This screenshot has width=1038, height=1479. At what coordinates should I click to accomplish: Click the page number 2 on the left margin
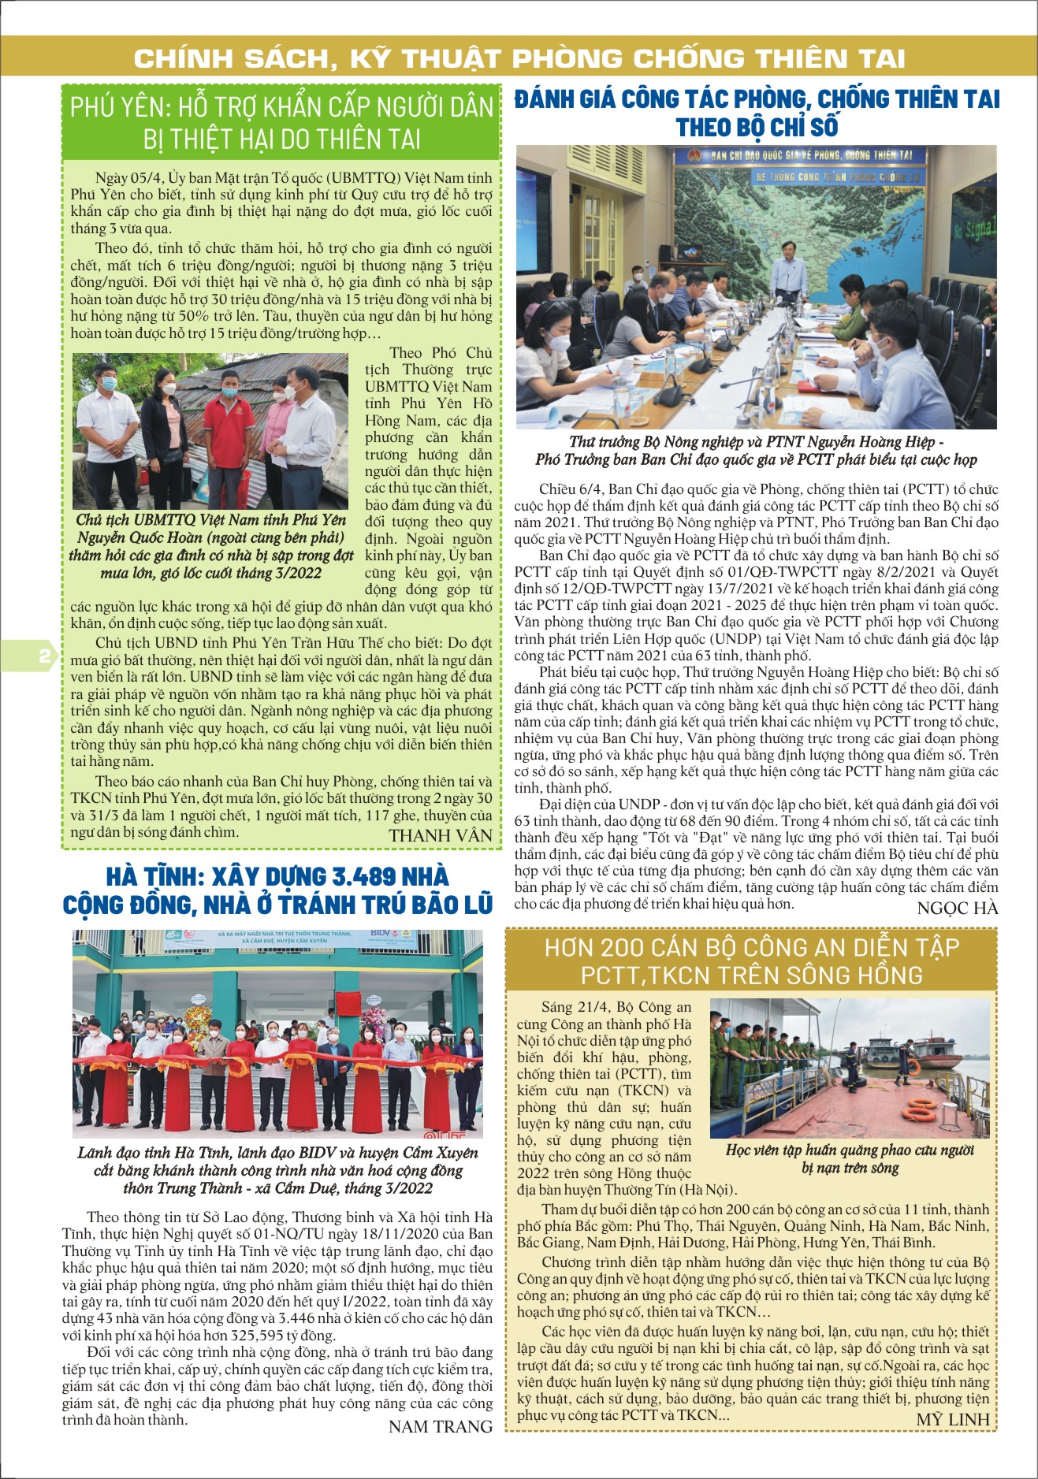[x=44, y=656]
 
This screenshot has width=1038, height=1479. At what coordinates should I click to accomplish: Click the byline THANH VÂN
[x=441, y=835]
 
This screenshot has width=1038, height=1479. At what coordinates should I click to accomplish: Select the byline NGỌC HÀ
[x=958, y=908]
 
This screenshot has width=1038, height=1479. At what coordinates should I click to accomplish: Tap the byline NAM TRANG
[x=441, y=1425]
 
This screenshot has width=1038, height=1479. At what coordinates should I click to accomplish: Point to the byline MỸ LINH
[x=952, y=1418]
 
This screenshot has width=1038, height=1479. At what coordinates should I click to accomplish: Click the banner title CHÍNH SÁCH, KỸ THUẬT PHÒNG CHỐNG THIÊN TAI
[x=519, y=58]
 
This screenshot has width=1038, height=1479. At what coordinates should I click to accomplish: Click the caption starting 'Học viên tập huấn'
[x=850, y=1158]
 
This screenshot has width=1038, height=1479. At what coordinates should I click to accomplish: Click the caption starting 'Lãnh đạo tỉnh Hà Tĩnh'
[x=277, y=1170]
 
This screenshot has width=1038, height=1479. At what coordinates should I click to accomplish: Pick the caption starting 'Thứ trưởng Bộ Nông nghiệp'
[x=756, y=451]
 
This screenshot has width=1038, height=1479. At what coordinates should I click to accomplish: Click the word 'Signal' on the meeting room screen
[x=980, y=229]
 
